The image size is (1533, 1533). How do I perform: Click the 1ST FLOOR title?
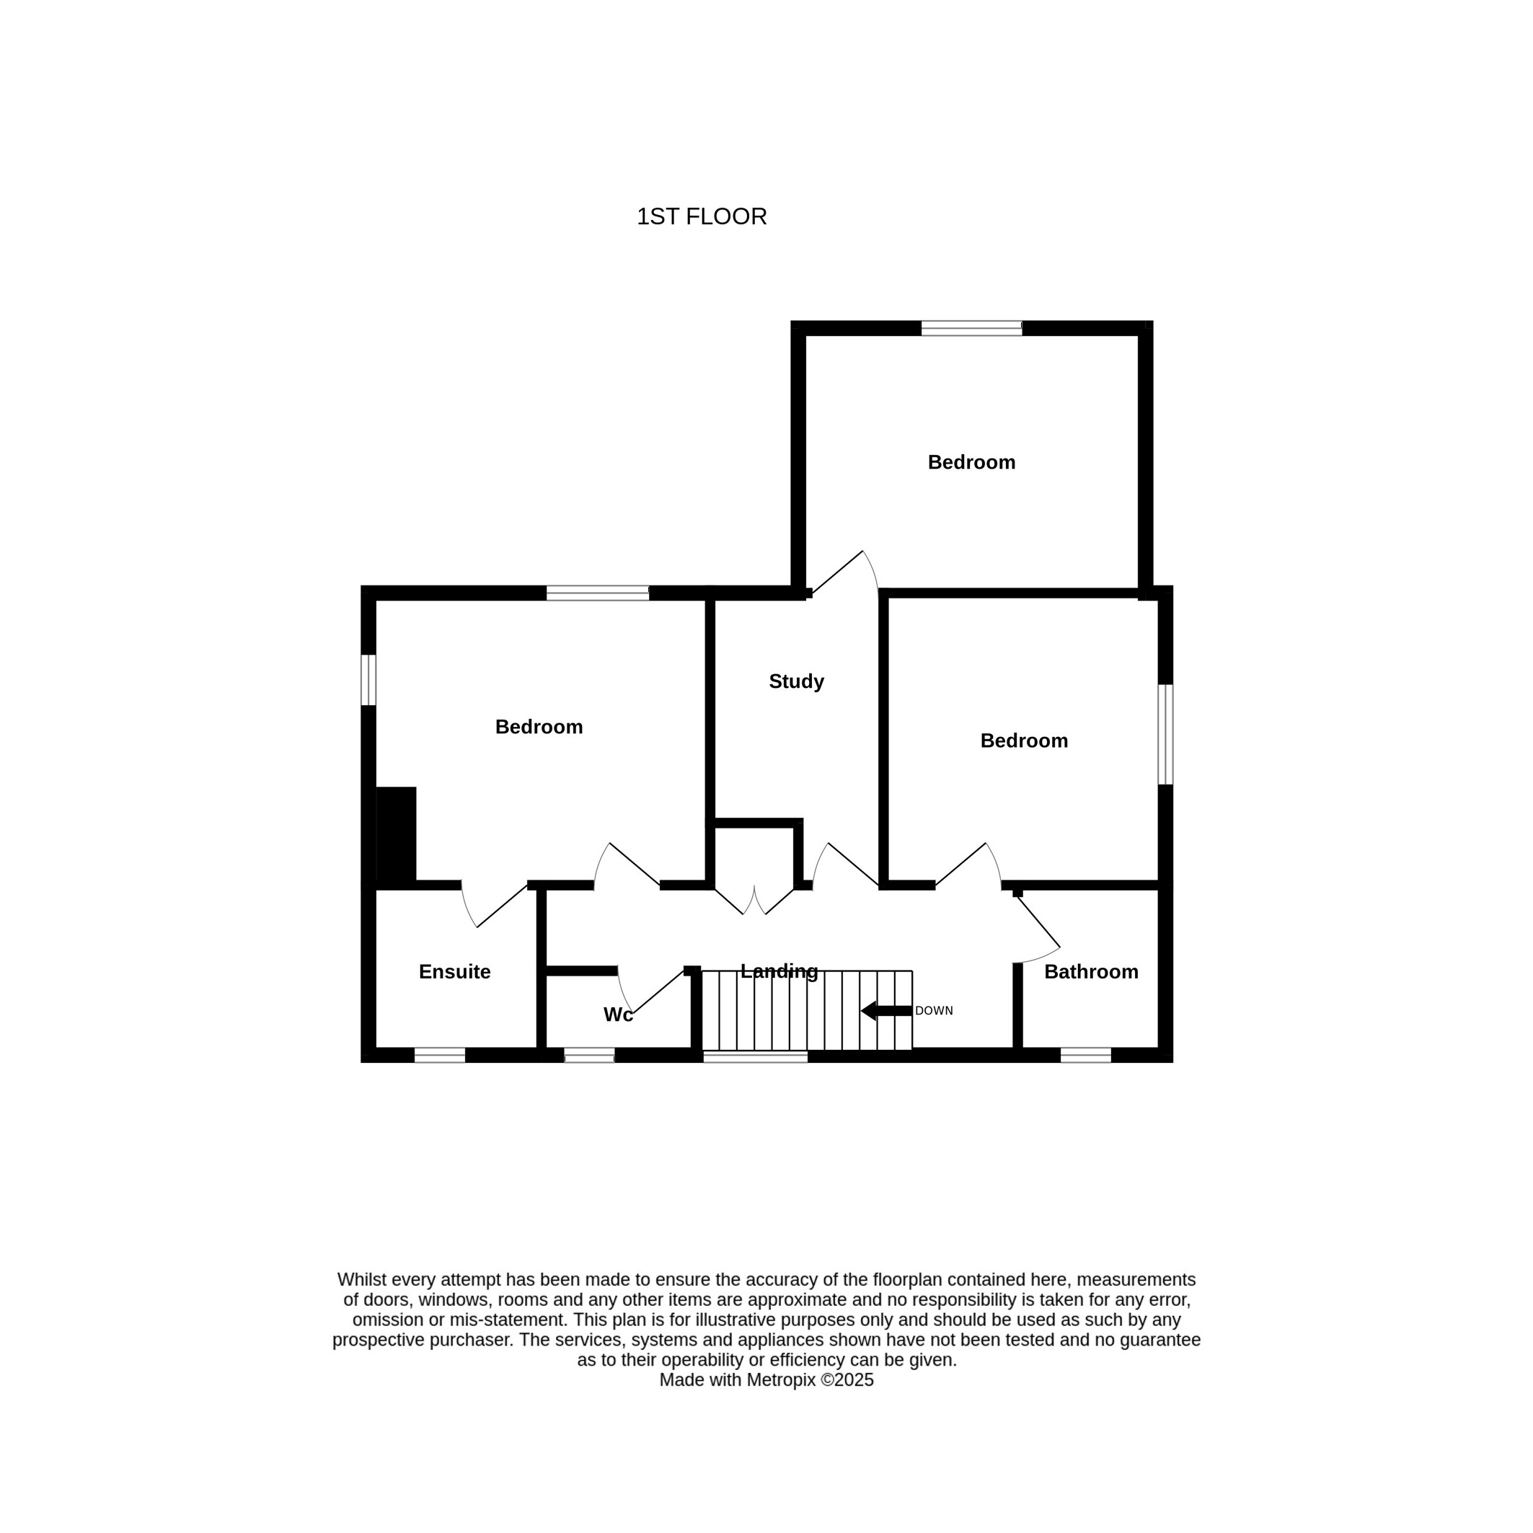point(702,216)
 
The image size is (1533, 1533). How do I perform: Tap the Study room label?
point(796,681)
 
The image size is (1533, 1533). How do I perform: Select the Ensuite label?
point(455,972)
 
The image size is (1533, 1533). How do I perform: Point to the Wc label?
point(618,1015)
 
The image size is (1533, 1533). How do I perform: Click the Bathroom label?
point(1091,972)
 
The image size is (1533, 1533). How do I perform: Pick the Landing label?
point(779,971)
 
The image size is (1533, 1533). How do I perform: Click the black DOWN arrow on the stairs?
point(886,1011)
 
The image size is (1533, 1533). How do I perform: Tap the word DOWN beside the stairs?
point(934,1011)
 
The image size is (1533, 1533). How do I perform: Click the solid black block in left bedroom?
point(395,836)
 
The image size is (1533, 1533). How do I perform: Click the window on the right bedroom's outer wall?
point(1165,735)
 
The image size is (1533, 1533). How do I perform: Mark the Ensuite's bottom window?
point(440,1056)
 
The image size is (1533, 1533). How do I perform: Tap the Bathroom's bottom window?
point(1085,1056)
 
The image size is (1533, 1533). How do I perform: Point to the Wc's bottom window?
point(589,1056)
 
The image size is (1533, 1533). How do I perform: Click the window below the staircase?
point(756,1056)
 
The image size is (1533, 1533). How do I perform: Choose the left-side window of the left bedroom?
point(368,680)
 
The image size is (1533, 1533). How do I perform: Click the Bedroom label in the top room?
point(971,463)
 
